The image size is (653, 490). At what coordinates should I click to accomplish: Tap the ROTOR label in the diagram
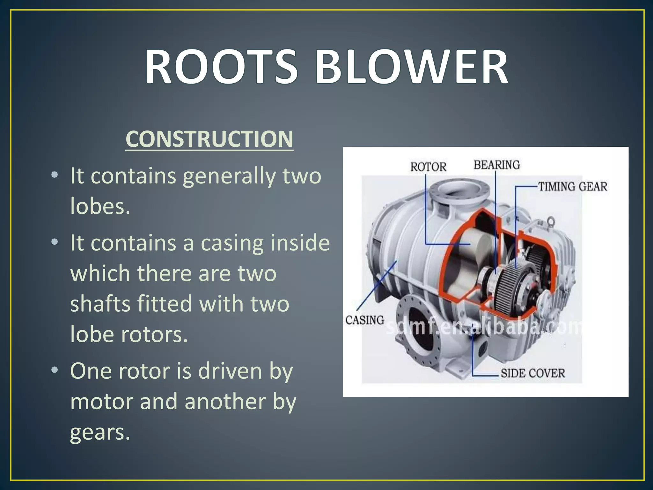(428, 167)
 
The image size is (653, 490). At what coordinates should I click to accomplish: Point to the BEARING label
(496, 165)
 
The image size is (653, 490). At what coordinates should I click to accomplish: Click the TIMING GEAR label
(572, 186)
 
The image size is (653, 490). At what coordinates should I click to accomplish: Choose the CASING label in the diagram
(364, 320)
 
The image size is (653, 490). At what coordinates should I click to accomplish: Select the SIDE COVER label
(532, 373)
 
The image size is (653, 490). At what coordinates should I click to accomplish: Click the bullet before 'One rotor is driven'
(55, 370)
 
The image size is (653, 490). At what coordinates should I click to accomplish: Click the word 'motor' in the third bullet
(101, 401)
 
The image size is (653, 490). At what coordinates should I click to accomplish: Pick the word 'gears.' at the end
(100, 432)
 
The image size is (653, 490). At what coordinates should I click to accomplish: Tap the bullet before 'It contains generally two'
(55, 175)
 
